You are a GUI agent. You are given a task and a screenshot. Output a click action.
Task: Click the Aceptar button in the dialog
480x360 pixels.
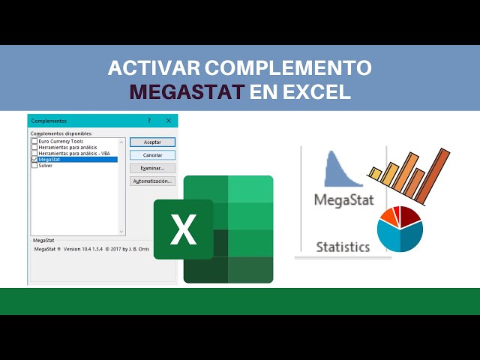(152, 142)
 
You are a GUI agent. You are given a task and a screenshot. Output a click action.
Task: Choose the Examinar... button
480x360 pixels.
(152, 168)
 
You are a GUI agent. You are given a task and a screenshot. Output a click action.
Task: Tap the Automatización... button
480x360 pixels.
(152, 181)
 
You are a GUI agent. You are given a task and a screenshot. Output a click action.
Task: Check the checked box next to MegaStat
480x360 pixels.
(34, 159)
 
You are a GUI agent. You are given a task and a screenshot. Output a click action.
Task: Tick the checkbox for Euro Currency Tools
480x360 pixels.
(34, 141)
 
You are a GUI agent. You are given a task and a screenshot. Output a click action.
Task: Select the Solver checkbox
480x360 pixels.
(34, 165)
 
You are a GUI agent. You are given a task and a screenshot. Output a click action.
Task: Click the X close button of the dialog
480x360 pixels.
(168, 120)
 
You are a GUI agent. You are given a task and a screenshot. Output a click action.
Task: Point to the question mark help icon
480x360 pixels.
(148, 120)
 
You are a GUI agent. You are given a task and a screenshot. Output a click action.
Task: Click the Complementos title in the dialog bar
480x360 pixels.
(49, 120)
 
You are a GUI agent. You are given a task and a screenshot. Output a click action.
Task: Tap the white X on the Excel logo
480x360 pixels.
(183, 229)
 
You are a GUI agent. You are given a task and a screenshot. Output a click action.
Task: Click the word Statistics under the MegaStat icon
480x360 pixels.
(343, 246)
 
